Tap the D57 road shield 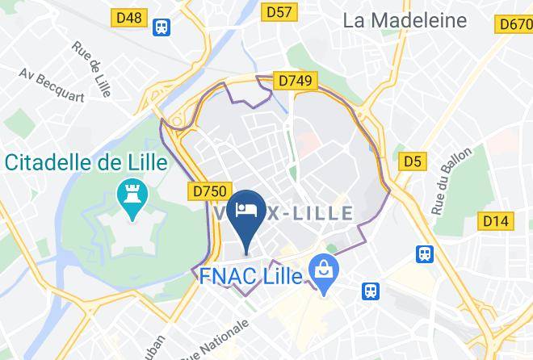coord(279,10)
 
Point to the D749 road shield coord(295,81)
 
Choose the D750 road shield coord(208,191)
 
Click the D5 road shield coord(413,161)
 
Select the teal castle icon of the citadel coord(128,193)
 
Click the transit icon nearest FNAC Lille coord(371,290)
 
